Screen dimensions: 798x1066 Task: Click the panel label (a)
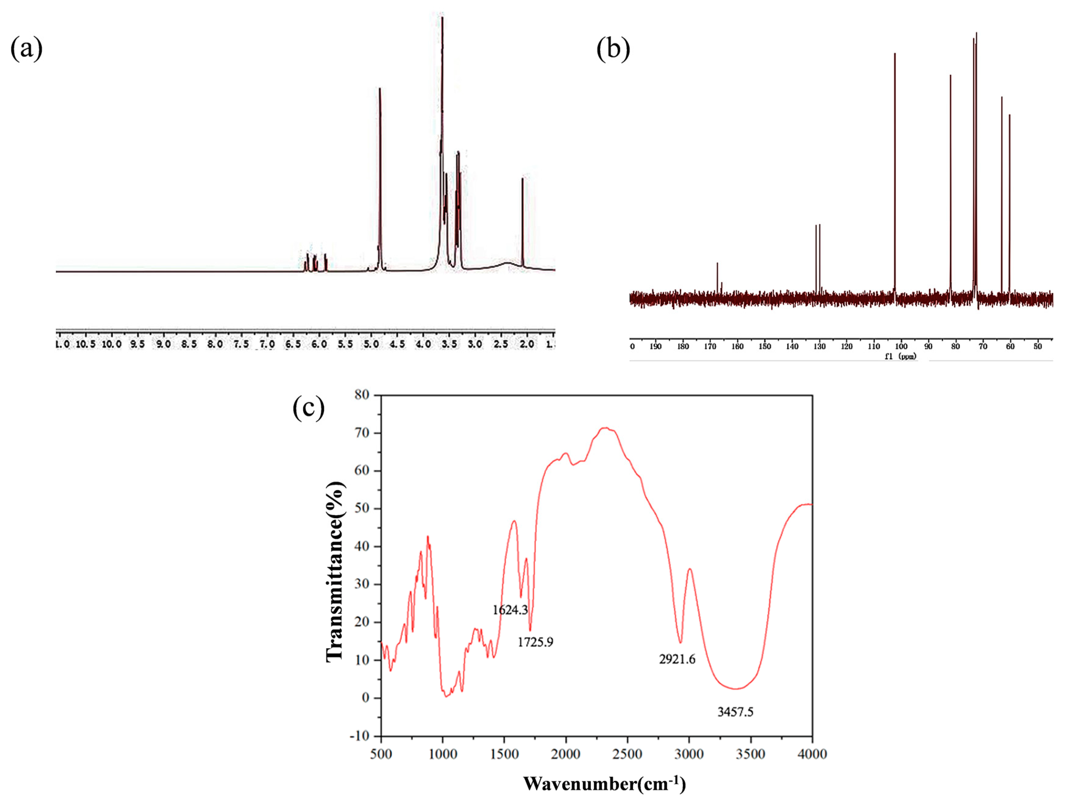(x=27, y=49)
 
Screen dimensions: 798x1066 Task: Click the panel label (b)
(x=613, y=49)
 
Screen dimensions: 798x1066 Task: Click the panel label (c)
(x=308, y=408)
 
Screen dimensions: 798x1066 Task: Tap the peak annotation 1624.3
(x=510, y=610)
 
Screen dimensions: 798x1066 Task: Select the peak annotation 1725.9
(x=535, y=642)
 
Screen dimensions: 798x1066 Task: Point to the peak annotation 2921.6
(x=677, y=659)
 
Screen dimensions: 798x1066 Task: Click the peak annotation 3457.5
(x=735, y=712)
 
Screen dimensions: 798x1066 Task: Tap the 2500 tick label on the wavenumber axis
(x=627, y=754)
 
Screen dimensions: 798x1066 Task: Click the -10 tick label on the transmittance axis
(x=359, y=736)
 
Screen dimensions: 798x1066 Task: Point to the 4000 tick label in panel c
(x=812, y=754)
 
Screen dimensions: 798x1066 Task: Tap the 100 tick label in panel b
(x=901, y=346)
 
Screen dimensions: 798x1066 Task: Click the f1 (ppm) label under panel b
(x=900, y=356)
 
